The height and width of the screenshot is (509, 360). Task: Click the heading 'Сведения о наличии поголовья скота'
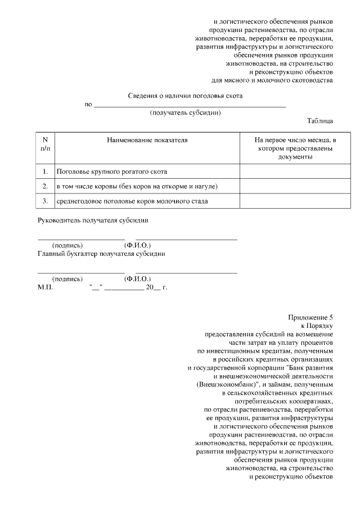click(185, 96)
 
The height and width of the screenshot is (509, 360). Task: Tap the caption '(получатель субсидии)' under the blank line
click(185, 112)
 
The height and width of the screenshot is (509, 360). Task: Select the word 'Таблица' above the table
click(319, 121)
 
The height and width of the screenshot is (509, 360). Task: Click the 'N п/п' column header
click(46, 143)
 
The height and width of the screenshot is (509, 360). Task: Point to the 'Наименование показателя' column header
click(147, 139)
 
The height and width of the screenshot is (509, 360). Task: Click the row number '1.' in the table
click(46, 171)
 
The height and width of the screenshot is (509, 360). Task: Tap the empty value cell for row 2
click(287, 186)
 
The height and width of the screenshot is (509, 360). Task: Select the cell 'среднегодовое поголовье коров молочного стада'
click(132, 201)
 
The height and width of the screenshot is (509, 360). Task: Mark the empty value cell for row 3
click(287, 201)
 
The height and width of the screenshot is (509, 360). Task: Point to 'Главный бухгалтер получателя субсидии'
click(101, 253)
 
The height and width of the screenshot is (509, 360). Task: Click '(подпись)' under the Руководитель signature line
click(67, 245)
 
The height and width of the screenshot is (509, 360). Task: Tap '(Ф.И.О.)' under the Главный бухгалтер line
click(137, 278)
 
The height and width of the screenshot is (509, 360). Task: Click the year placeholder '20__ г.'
click(156, 287)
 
